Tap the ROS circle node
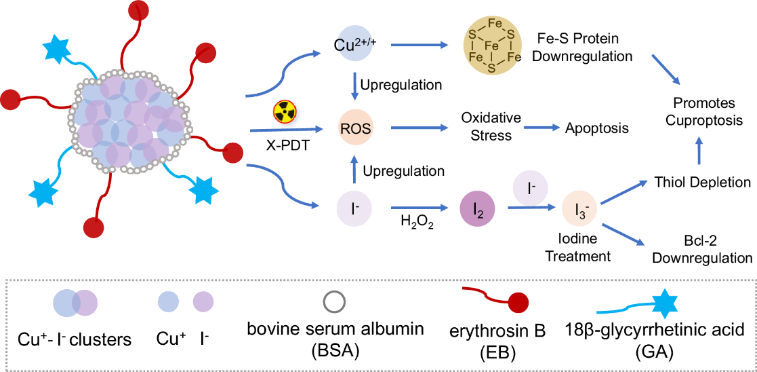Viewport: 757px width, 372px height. [356, 128]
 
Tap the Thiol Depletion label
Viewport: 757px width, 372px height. [702, 182]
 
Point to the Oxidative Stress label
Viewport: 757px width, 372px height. [491, 126]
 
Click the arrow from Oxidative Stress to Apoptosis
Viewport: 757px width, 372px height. [541, 128]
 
